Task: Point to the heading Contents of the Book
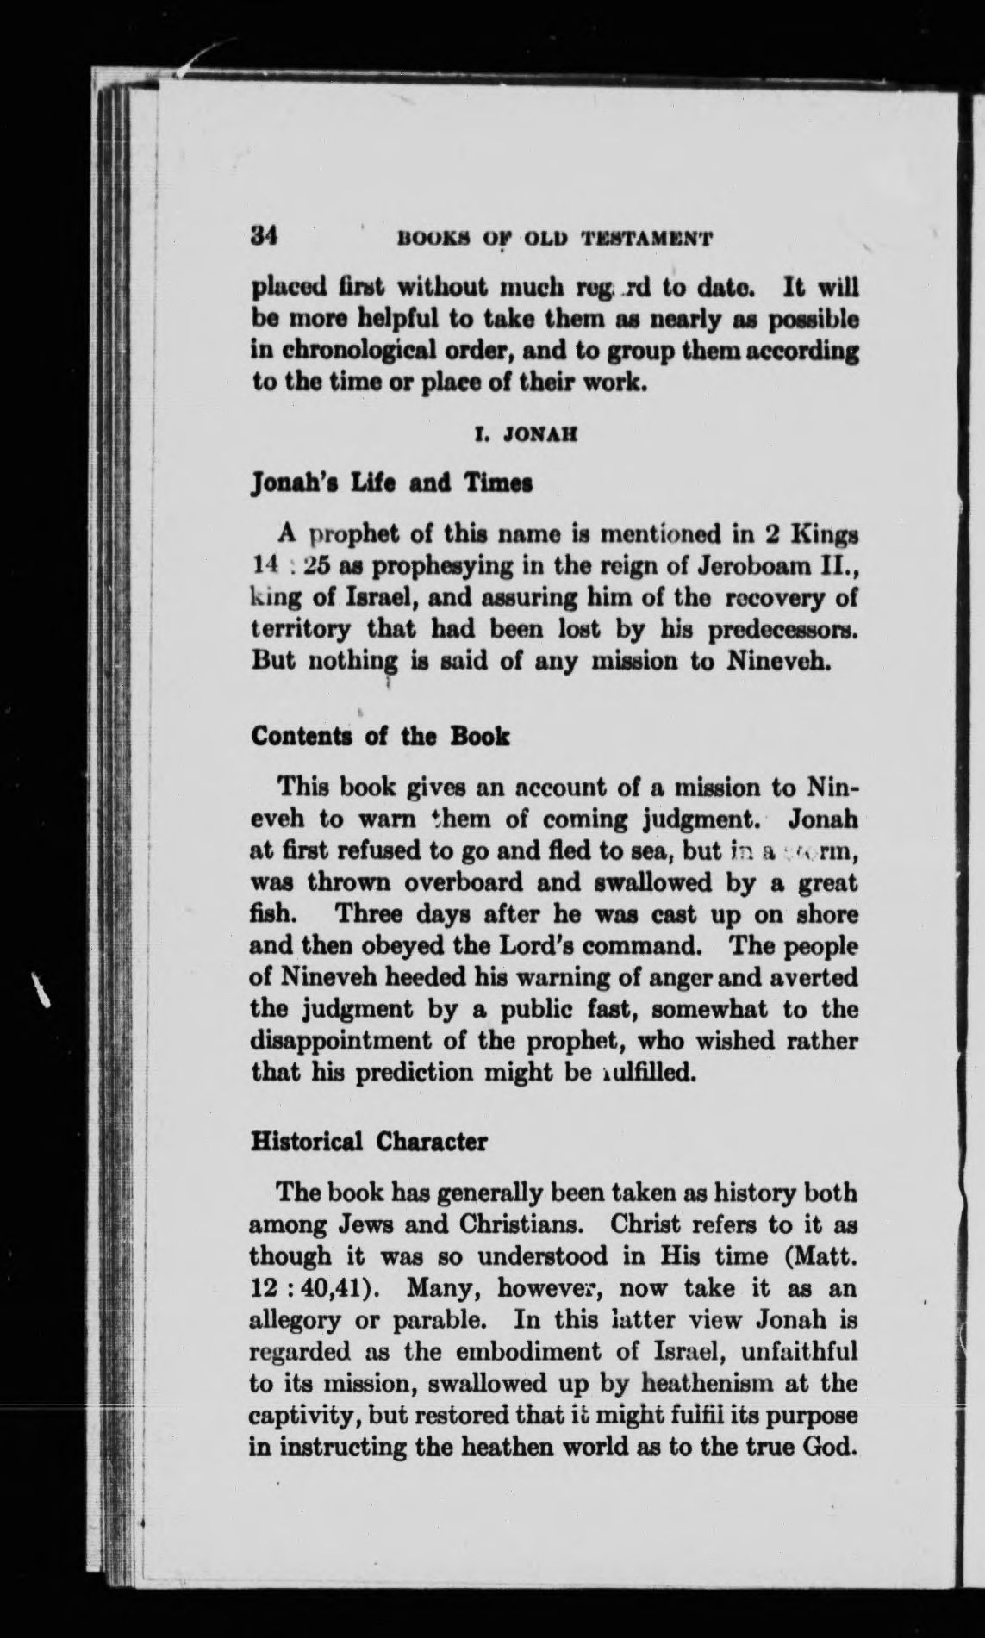(379, 737)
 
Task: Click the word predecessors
(782, 630)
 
